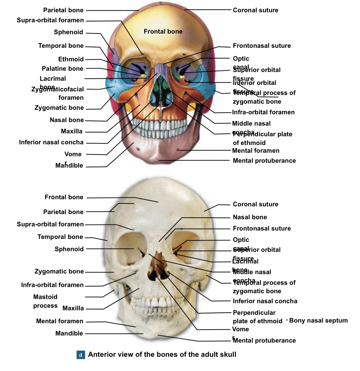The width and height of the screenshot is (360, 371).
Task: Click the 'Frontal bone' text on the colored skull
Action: click(163, 31)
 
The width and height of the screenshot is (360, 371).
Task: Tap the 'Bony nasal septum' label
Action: click(318, 320)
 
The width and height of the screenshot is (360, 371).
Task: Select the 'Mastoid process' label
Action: click(45, 301)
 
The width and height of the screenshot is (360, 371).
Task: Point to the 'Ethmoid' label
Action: click(71, 59)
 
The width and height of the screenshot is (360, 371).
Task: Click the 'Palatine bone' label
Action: click(62, 68)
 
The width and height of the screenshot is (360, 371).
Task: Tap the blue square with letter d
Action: click(81, 355)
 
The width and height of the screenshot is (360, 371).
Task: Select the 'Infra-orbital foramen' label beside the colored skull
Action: click(263, 112)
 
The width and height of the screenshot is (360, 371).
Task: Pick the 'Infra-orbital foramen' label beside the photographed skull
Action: click(52, 285)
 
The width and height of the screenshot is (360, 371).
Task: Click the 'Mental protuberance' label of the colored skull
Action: click(264, 160)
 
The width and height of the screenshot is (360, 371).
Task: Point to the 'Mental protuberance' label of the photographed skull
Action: click(264, 340)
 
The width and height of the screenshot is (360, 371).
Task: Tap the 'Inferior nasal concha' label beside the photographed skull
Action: click(265, 301)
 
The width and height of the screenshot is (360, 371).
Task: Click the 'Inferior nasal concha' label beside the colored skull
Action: click(51, 142)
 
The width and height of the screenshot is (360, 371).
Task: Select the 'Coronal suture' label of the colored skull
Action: click(255, 10)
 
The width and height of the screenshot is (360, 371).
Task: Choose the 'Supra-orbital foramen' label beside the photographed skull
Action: click(50, 224)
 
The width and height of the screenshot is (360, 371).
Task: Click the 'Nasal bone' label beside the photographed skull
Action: click(250, 217)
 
